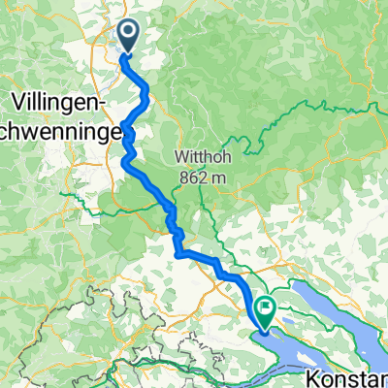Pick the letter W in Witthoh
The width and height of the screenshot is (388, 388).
pos(181,157)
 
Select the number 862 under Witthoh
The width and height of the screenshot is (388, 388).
pos(194,177)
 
